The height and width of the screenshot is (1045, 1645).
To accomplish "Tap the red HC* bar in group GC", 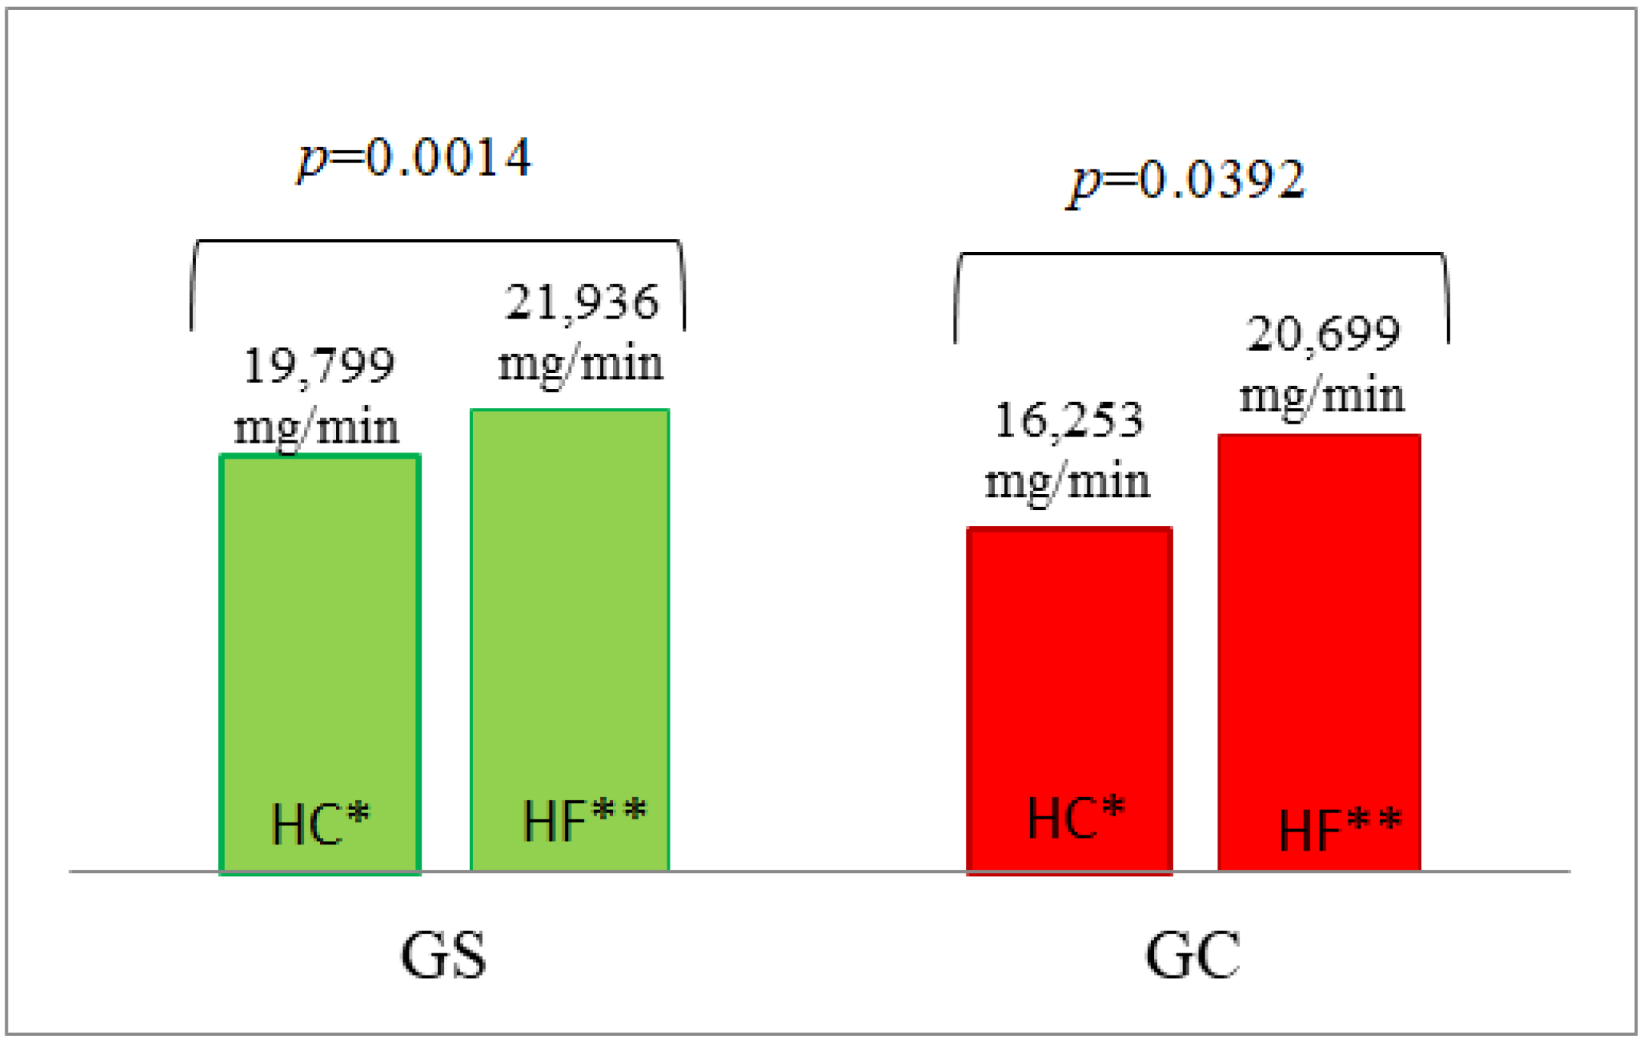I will (1069, 666).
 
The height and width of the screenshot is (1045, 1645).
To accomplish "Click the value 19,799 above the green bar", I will (319, 366).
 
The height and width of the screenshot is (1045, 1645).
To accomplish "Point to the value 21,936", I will (582, 303).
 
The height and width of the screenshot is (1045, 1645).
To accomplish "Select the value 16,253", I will (1068, 421).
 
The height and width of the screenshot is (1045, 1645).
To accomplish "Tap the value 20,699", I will (1323, 334).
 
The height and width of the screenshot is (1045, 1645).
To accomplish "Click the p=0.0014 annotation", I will (415, 158).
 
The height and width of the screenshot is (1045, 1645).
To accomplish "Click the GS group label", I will (443, 956).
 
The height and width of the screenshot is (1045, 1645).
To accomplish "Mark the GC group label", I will (1193, 956).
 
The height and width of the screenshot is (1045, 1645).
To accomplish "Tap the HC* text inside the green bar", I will (320, 823).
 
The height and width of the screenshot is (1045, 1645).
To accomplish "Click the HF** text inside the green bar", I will (584, 820).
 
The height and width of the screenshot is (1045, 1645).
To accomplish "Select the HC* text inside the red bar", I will (1076, 817).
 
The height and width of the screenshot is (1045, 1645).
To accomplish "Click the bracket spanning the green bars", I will (437, 241).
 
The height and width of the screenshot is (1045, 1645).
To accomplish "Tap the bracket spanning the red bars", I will (1202, 254).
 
